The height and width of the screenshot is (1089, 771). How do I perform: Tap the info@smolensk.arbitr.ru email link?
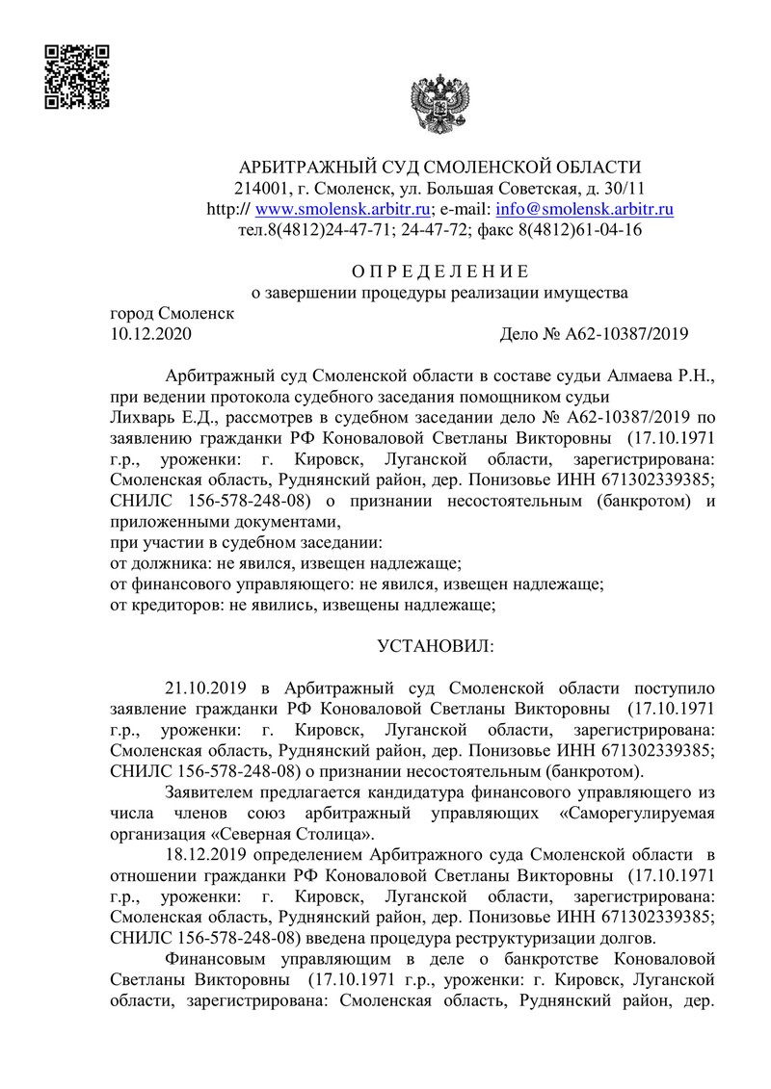(x=584, y=208)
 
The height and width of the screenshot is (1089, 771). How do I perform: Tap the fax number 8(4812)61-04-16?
(x=581, y=230)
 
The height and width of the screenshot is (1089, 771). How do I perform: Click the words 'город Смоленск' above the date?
(x=173, y=313)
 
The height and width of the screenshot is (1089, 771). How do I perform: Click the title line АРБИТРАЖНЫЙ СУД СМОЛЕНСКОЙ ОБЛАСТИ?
(x=439, y=166)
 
